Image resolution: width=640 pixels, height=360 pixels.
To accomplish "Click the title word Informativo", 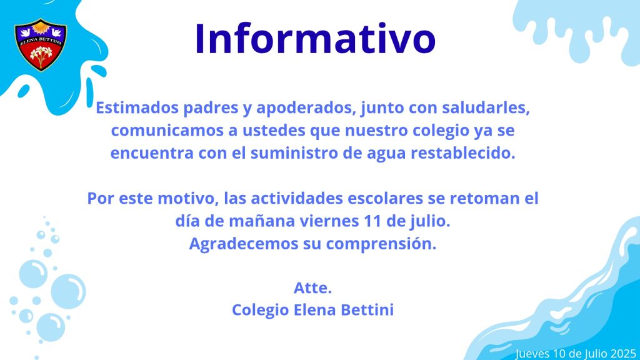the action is pyautogui.click(x=316, y=38).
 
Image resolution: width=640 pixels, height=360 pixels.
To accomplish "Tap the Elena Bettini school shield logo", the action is pyautogui.click(x=41, y=45).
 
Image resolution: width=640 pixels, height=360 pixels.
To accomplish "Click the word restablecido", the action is pyautogui.click(x=463, y=153).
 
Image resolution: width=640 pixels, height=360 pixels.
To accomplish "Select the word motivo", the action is pyautogui.click(x=186, y=198).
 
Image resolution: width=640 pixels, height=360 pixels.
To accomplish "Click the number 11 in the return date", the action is pyautogui.click(x=371, y=221).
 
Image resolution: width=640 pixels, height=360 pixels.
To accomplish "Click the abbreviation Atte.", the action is pyautogui.click(x=312, y=288).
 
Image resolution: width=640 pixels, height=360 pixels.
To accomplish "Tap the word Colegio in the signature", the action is pyautogui.click(x=261, y=310).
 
